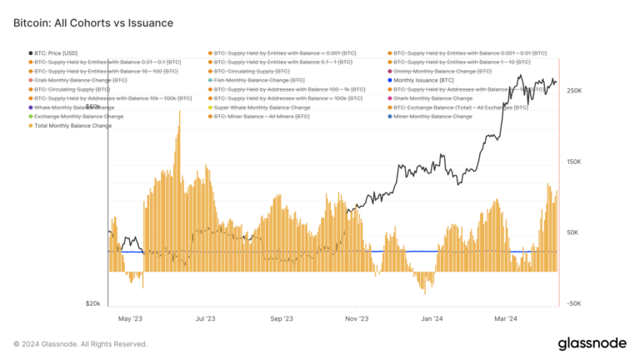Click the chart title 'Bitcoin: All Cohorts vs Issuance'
92,23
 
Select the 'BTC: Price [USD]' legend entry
57,52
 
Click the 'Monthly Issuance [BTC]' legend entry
424,80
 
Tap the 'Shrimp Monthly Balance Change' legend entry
440,71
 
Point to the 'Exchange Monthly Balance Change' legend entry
78,117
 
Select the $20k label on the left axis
92,304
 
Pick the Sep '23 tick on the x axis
281,318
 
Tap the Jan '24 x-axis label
432,318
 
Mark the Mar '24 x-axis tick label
506,318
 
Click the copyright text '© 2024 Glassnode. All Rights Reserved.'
80,343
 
